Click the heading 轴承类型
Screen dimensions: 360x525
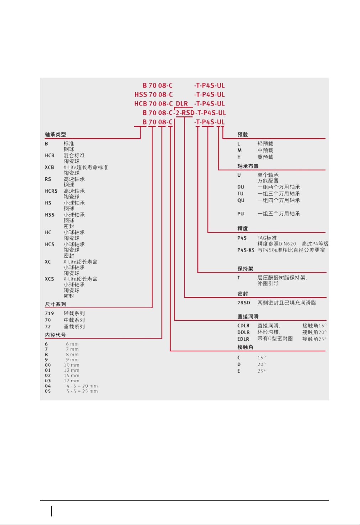(x=55, y=135)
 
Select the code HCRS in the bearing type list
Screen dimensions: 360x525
(x=51, y=191)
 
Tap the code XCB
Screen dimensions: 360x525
(x=49, y=167)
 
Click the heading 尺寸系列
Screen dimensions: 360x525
(x=55, y=304)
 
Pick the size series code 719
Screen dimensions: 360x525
(x=49, y=314)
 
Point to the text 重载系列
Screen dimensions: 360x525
(x=74, y=327)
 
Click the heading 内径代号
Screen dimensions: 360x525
(x=55, y=335)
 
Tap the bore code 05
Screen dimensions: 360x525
(x=48, y=391)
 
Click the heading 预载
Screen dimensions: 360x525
(x=242, y=135)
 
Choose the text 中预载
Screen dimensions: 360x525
(x=265, y=150)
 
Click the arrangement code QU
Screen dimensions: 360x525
(x=241, y=200)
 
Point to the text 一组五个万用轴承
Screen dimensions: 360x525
(x=278, y=214)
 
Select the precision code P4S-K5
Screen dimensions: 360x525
(x=246, y=250)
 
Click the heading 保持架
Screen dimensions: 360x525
(x=245, y=269)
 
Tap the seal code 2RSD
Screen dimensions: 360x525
(x=244, y=303)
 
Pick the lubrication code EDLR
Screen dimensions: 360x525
(x=243, y=339)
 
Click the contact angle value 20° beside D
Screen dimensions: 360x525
(x=261, y=364)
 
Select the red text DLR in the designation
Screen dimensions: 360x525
(x=182, y=104)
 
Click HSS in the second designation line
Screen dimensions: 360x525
(x=141, y=95)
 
